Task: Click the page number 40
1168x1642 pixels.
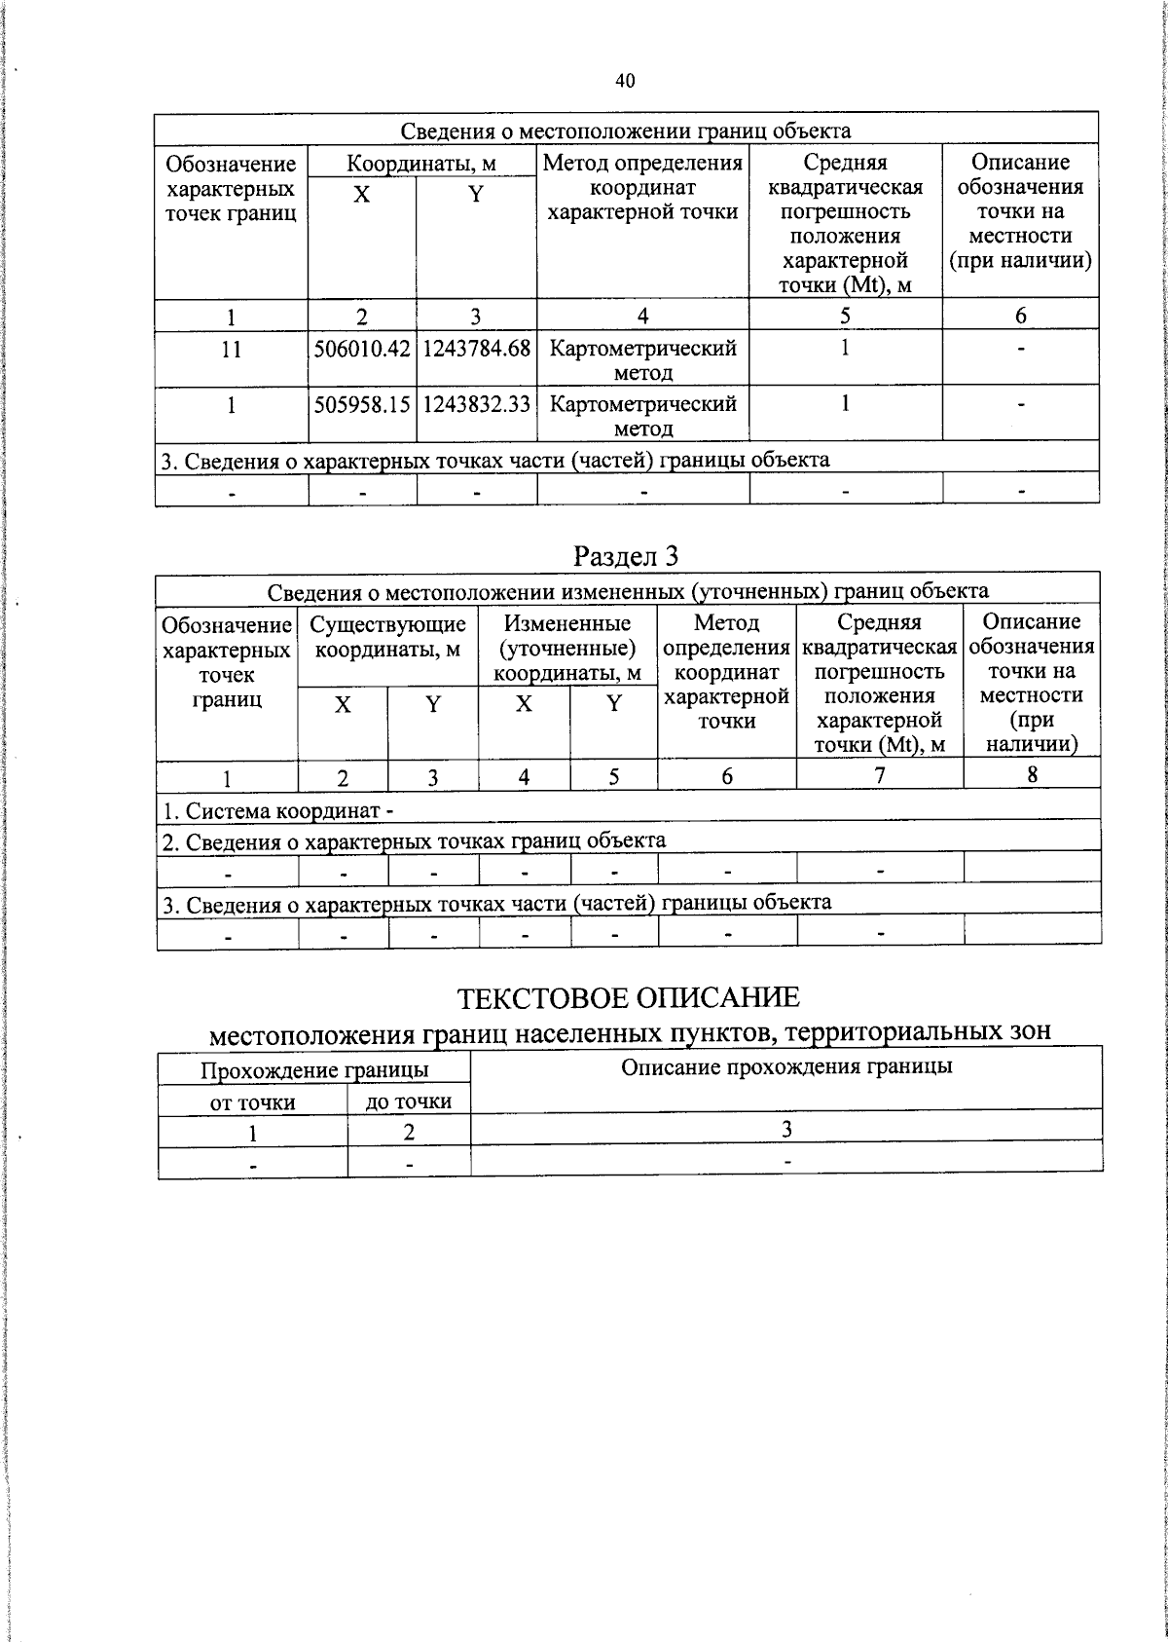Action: click(x=625, y=81)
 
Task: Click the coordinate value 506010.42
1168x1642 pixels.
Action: click(x=362, y=349)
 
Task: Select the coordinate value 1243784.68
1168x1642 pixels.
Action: click(x=476, y=349)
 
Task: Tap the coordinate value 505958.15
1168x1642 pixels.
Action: click(x=362, y=404)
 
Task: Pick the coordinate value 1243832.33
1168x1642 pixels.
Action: click(x=476, y=404)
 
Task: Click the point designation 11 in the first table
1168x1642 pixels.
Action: click(x=231, y=349)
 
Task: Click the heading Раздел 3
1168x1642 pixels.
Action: click(x=626, y=556)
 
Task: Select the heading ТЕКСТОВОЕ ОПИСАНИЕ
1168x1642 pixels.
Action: click(x=629, y=998)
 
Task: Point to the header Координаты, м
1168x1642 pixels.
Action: click(x=422, y=163)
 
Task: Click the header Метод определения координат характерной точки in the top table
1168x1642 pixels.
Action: click(x=642, y=187)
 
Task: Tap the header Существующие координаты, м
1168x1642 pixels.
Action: click(x=387, y=636)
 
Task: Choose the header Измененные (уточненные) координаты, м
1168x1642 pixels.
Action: click(x=567, y=648)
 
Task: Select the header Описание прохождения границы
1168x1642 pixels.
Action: click(x=786, y=1066)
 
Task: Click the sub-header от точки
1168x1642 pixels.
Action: click(x=253, y=1102)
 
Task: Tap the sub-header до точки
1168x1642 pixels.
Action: click(x=409, y=1101)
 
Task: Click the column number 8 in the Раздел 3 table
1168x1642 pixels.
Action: click(x=1032, y=774)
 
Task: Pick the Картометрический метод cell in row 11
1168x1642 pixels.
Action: click(x=642, y=360)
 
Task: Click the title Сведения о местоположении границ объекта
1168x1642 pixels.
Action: click(x=626, y=131)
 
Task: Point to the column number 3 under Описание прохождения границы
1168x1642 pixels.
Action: click(x=786, y=1129)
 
